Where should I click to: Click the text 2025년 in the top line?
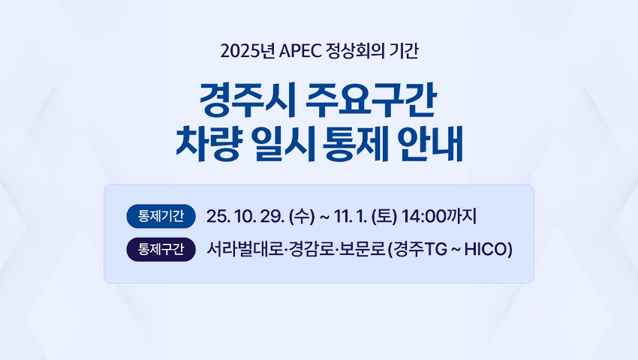pyautogui.click(x=239, y=52)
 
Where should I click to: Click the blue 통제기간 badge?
pyautogui.click(x=161, y=216)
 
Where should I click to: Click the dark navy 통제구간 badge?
pyautogui.click(x=161, y=249)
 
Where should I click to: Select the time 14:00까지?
pyautogui.click(x=440, y=217)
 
